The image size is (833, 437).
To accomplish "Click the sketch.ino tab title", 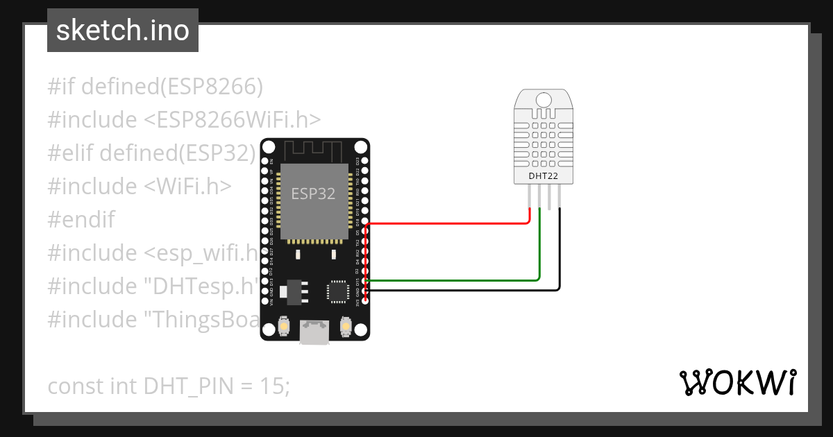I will [123, 31].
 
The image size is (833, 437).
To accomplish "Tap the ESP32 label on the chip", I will [312, 194].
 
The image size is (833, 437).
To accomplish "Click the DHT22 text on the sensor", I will [543, 176].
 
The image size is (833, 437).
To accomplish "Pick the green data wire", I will [451, 280].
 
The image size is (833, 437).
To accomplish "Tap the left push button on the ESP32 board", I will [283, 325].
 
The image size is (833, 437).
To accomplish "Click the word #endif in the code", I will [81, 220].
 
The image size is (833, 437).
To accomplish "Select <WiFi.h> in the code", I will [188, 187].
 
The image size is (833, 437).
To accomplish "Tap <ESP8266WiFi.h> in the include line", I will [233, 120].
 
